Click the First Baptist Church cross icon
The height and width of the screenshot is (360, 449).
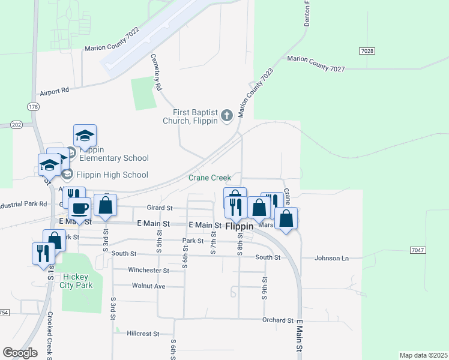click(x=227, y=115)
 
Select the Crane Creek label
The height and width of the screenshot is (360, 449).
click(x=209, y=178)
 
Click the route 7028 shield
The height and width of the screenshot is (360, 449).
click(x=368, y=51)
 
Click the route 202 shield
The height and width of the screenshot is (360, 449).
click(x=16, y=124)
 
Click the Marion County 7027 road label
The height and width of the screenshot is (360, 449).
click(x=316, y=64)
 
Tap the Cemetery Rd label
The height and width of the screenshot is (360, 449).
click(x=155, y=72)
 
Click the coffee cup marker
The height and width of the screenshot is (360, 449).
click(x=79, y=209)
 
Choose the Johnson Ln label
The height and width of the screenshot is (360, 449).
click(x=332, y=258)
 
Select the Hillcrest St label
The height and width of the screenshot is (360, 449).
click(x=143, y=334)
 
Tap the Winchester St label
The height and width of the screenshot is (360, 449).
click(x=149, y=271)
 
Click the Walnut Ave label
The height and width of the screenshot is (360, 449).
click(x=148, y=286)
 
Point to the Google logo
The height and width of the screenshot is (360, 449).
click(x=20, y=352)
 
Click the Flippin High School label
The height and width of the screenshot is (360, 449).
click(x=112, y=175)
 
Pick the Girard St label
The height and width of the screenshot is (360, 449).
click(x=160, y=208)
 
